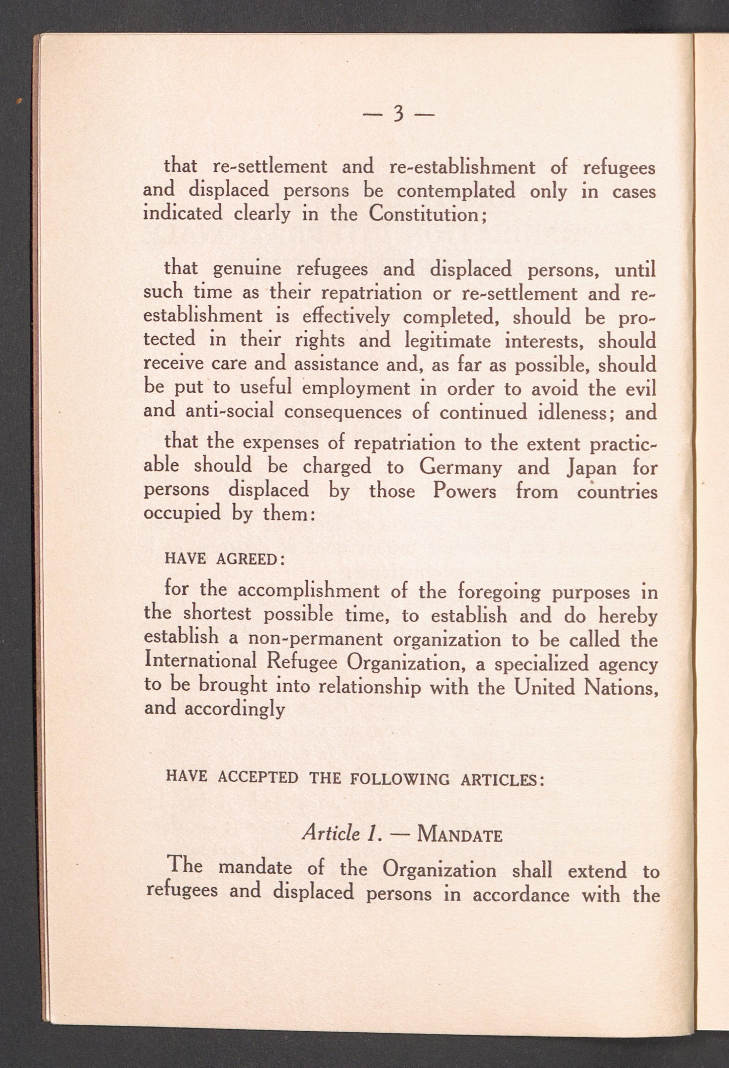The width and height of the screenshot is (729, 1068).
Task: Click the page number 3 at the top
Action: pos(398,113)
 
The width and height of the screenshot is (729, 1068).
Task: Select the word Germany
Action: pos(460,468)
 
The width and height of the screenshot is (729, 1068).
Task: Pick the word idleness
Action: pos(572,412)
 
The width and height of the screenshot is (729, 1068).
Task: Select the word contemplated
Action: pos(456,191)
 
